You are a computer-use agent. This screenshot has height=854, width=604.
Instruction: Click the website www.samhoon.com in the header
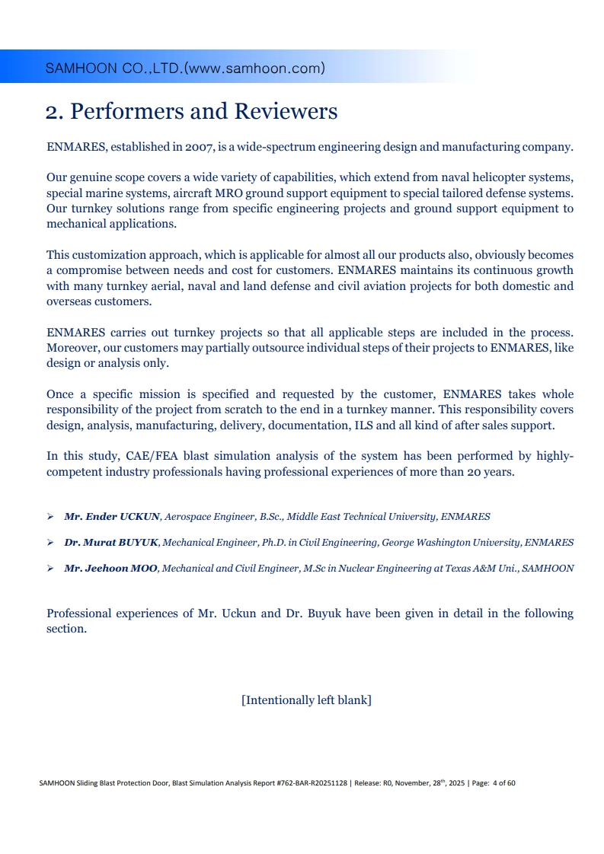click(254, 69)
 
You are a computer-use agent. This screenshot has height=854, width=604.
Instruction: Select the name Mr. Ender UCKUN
click(112, 517)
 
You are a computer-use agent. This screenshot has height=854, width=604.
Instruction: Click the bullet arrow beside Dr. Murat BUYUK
click(50, 543)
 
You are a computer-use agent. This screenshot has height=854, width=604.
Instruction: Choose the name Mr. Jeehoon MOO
click(111, 569)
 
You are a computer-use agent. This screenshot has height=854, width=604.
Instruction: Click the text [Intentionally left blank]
click(306, 699)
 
